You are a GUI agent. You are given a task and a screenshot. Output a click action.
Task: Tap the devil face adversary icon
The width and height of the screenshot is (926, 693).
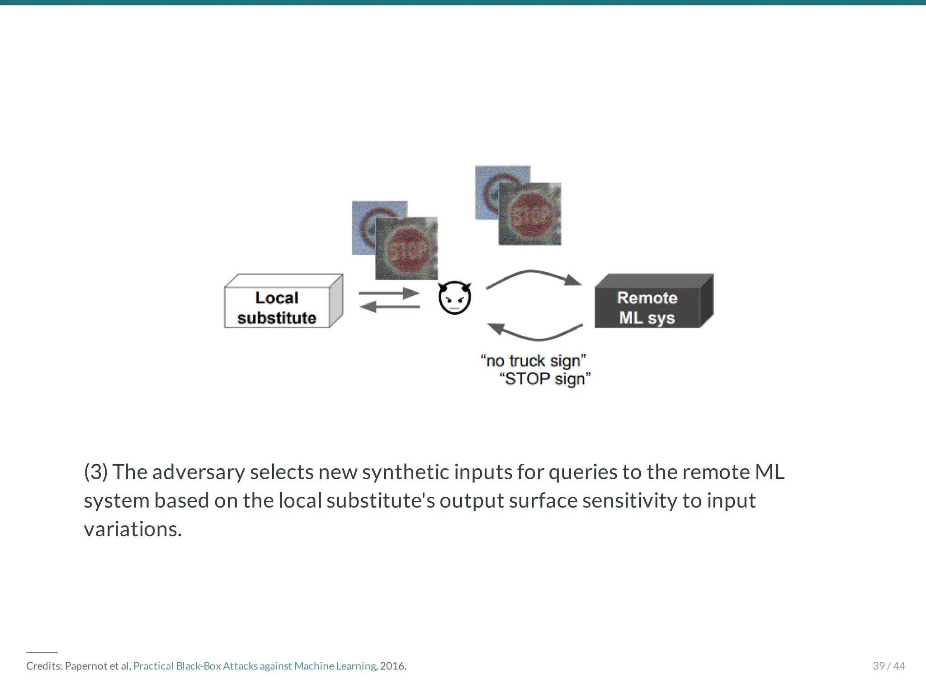click(x=455, y=297)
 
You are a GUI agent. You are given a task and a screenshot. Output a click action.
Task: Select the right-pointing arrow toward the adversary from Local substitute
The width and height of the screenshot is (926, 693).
click(x=389, y=293)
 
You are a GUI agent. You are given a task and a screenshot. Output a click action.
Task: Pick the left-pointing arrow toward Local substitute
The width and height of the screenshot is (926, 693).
click(x=390, y=307)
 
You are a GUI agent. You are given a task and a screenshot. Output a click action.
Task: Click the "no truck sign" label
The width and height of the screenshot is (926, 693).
click(x=534, y=361)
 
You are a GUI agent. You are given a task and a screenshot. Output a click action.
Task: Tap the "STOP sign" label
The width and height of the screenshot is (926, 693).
click(x=545, y=379)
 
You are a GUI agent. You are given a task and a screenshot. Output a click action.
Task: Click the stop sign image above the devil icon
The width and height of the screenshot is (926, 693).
click(x=406, y=248)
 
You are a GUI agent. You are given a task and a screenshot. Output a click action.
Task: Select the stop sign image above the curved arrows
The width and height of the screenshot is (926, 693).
click(x=529, y=214)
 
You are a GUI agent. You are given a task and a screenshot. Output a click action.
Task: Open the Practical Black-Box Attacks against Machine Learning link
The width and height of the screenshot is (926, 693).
click(x=255, y=666)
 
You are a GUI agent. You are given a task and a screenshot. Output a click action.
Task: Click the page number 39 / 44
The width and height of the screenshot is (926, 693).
click(x=888, y=666)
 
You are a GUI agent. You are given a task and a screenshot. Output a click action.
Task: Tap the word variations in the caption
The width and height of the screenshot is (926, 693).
click(x=132, y=529)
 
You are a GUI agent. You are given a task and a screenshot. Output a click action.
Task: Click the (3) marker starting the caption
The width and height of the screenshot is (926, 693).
click(x=95, y=472)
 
